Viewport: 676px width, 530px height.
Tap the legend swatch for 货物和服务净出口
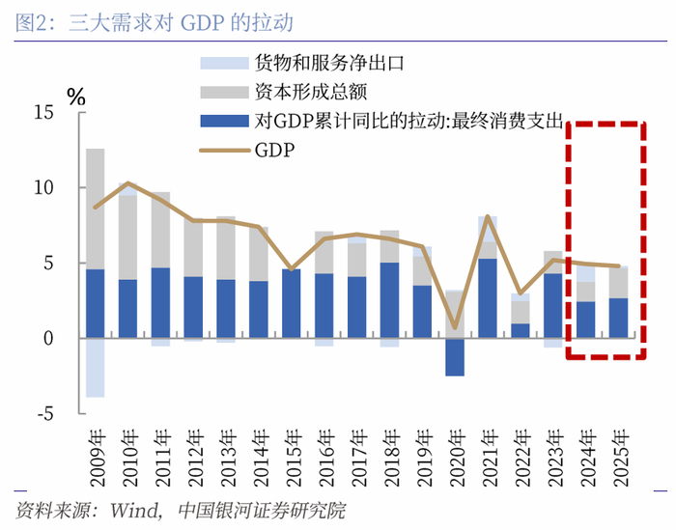224,65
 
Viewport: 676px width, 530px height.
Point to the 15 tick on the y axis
44,112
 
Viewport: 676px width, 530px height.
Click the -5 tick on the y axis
44,414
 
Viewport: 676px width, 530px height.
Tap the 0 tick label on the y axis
50,339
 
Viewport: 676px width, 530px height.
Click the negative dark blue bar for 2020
455,356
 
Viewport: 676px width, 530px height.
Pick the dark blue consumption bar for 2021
488,298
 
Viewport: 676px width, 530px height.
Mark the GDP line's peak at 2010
128,182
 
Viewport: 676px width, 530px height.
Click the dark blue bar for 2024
585,320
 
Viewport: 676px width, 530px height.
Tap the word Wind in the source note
132,509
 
